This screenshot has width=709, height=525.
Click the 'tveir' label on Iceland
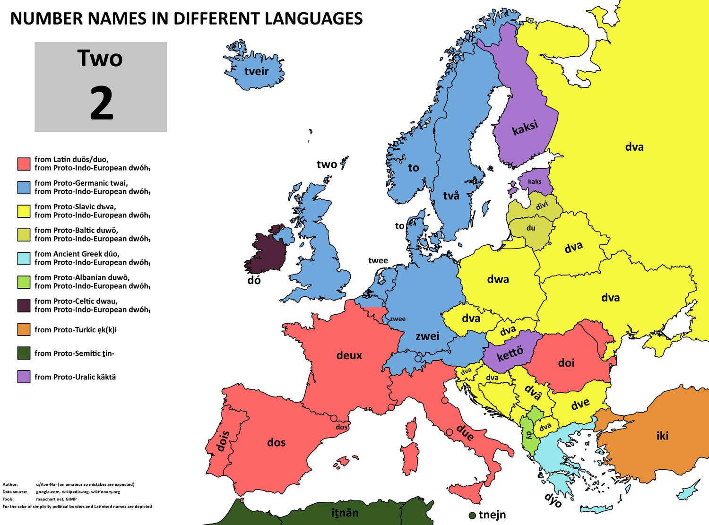[256, 71]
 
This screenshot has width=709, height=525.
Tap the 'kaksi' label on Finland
[525, 128]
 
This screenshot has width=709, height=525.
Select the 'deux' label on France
[349, 355]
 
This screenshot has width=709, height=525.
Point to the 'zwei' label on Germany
[427, 336]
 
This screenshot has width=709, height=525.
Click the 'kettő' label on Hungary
[510, 353]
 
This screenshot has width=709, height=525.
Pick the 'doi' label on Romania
[566, 363]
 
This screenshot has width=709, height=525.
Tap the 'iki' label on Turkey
[662, 436]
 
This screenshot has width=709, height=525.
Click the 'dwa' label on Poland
[498, 279]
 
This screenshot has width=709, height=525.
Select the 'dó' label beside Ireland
[254, 281]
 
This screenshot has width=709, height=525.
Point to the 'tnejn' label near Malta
[492, 515]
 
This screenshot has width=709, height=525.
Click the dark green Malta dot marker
[472, 515]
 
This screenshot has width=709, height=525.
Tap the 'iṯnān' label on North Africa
[345, 513]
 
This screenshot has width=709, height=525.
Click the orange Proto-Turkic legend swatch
[24, 329]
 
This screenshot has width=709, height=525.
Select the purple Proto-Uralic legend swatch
[24, 377]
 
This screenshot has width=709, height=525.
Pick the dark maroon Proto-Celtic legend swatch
[24, 305]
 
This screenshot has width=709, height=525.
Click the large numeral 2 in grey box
[101, 104]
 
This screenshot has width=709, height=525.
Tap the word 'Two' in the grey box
[100, 58]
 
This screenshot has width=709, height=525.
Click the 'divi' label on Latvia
[542, 206]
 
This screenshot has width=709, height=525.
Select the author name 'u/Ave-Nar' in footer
[47, 484]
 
